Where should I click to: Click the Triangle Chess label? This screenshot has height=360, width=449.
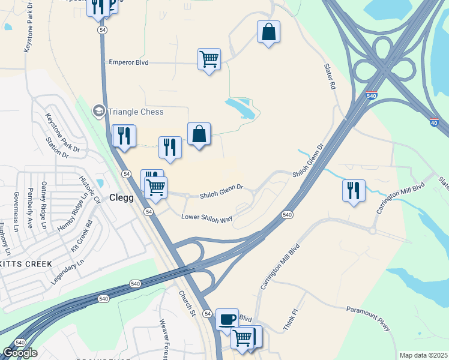[135, 112]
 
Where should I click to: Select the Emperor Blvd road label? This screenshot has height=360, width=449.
[128, 62]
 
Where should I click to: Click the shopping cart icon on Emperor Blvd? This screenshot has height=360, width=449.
[209, 59]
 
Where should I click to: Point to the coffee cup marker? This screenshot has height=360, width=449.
[227, 319]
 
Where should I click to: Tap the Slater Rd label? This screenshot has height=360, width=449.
[330, 77]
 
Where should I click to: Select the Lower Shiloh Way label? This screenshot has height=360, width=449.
[206, 218]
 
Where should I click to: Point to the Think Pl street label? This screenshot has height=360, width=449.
[290, 320]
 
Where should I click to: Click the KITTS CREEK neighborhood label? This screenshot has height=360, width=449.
[26, 264]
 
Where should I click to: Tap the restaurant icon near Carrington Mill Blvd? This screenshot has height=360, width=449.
[354, 190]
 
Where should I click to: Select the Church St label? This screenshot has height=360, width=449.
[187, 303]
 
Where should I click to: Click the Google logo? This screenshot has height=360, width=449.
[20, 353]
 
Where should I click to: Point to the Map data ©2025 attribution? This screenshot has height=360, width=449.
[423, 355]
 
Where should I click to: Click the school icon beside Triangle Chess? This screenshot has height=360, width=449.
[98, 111]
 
